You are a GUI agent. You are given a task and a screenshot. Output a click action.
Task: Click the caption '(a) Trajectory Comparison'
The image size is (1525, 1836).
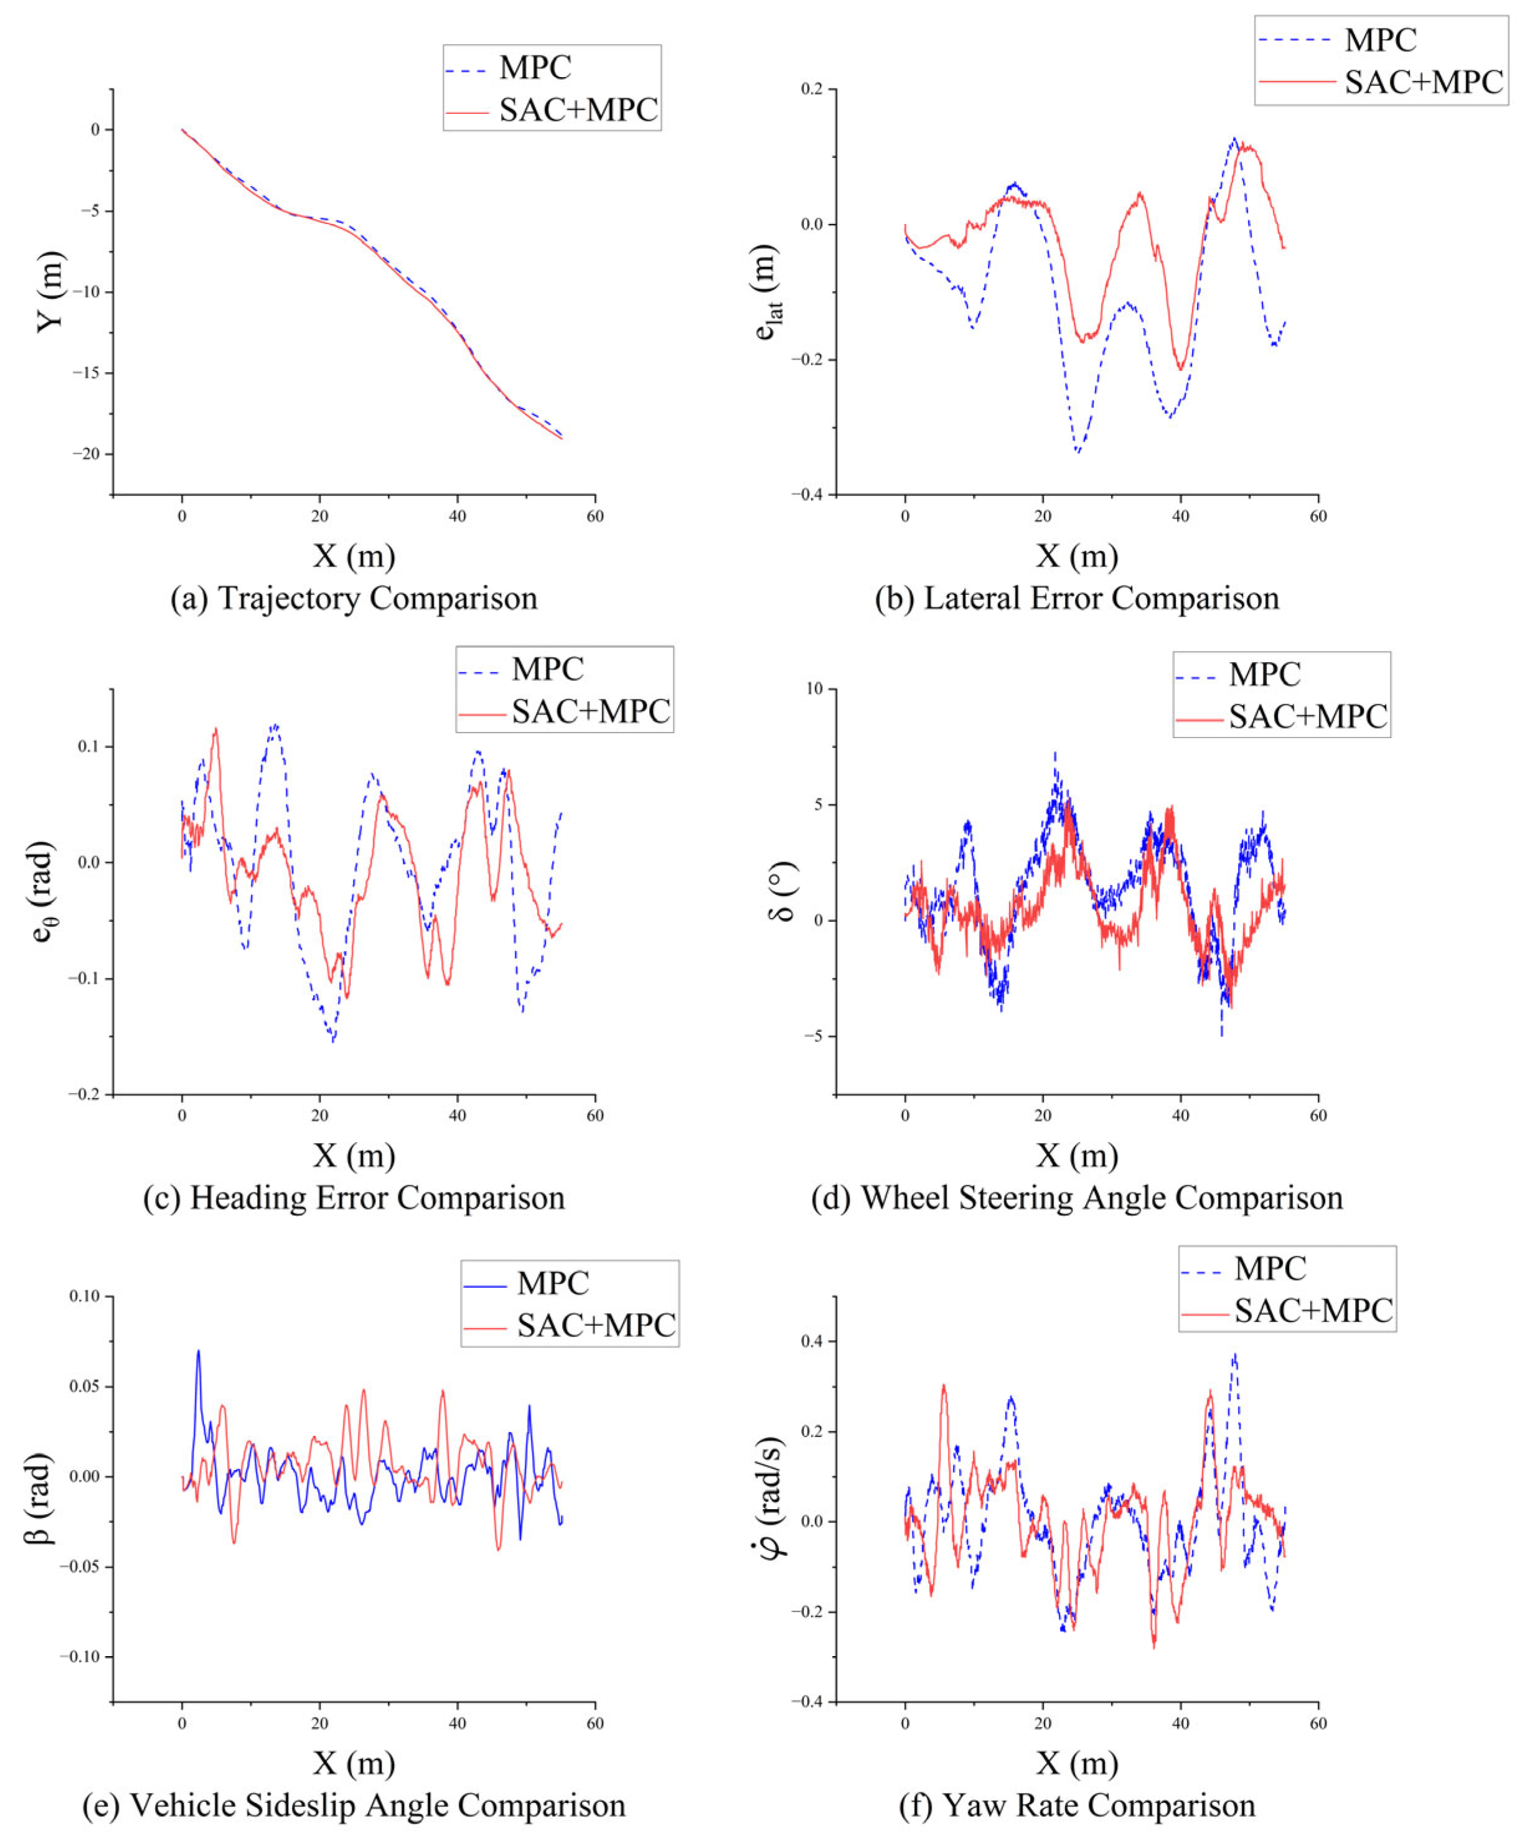354,599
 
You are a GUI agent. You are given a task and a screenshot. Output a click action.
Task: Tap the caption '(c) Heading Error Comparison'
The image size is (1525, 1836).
354,1198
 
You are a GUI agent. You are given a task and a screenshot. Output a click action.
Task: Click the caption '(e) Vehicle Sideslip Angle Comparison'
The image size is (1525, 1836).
354,1806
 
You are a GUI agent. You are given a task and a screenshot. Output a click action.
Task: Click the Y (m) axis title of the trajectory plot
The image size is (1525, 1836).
50,291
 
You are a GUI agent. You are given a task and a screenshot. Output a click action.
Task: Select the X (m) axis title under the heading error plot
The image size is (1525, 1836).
354,1156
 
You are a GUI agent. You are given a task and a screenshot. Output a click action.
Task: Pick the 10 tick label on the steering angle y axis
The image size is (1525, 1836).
815,689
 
